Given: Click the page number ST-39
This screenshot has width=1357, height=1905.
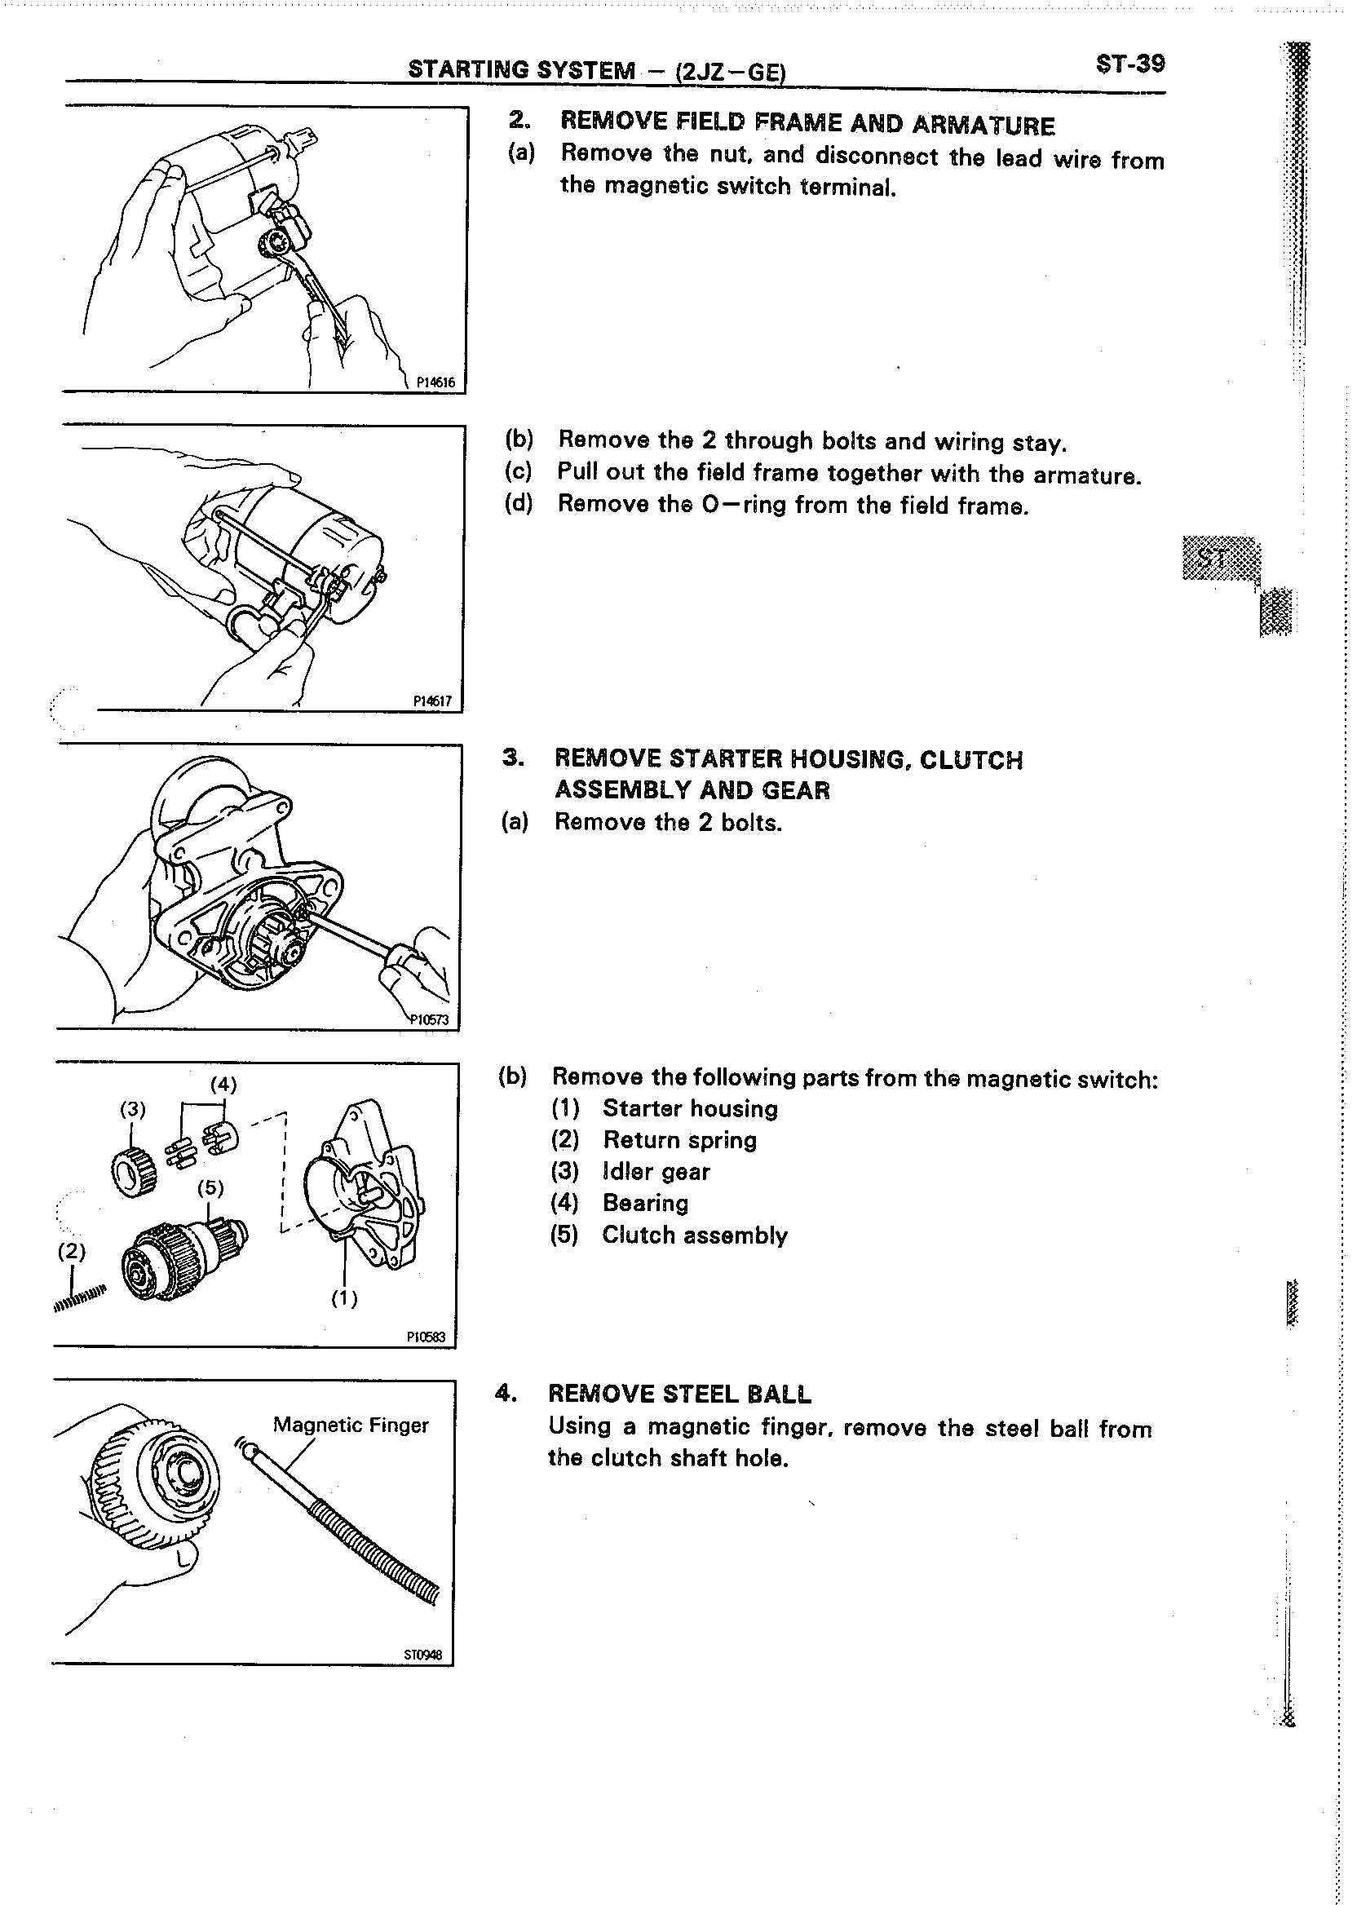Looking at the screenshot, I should pyautogui.click(x=1129, y=64).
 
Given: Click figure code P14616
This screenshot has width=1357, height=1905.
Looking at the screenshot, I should pyautogui.click(x=435, y=382).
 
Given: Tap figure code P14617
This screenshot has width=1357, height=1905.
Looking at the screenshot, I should pyautogui.click(x=433, y=702).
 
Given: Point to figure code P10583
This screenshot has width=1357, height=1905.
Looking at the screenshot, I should pyautogui.click(x=427, y=1337).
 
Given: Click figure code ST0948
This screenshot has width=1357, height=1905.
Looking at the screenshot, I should pyautogui.click(x=422, y=1655).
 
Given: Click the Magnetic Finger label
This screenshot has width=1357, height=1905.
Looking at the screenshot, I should pyautogui.click(x=350, y=1425).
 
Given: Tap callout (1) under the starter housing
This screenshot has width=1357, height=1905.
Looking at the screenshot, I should pyautogui.click(x=343, y=1298).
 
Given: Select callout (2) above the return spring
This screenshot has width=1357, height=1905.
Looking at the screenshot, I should pyautogui.click(x=72, y=1251).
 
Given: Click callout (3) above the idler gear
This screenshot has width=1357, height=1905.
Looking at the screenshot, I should pyautogui.click(x=133, y=1109).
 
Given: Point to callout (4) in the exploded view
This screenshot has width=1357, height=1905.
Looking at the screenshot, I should pyautogui.click(x=223, y=1085).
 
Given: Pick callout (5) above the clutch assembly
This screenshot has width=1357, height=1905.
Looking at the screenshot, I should pyautogui.click(x=210, y=1187).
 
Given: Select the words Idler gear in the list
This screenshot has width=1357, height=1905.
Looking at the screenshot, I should pyautogui.click(x=656, y=1171).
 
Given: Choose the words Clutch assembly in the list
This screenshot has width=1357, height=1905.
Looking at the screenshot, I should pyautogui.click(x=694, y=1235).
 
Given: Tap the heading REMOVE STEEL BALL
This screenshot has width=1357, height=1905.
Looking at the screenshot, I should pyautogui.click(x=679, y=1394).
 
